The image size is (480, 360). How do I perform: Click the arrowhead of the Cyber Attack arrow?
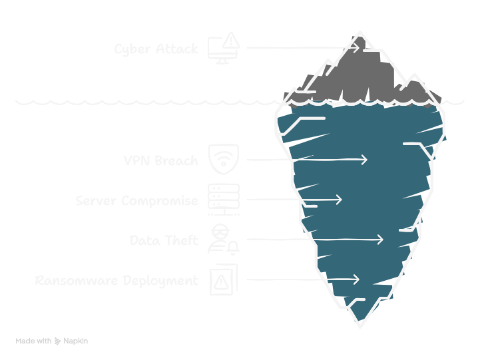[x=356, y=48]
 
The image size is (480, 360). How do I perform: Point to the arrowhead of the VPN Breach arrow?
[x=365, y=160]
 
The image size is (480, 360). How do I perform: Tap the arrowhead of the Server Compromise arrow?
[x=340, y=200]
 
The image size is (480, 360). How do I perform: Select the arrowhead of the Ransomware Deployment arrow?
[x=357, y=279]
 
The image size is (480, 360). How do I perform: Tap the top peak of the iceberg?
[x=360, y=32]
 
